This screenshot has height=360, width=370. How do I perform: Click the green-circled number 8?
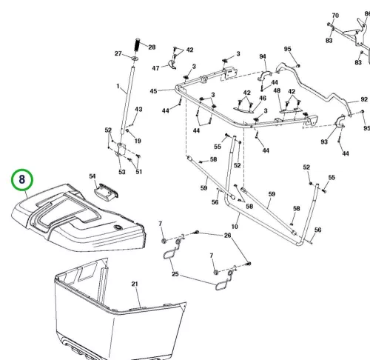[22, 179]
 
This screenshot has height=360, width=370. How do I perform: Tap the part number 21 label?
[135, 284]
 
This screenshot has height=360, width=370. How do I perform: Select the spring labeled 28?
[137, 44]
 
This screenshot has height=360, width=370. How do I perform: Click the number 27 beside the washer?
[118, 53]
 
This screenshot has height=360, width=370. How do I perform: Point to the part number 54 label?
[92, 176]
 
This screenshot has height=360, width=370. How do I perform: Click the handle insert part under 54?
[107, 190]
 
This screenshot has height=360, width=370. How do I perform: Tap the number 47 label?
[155, 68]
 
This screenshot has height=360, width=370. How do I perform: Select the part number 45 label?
[153, 91]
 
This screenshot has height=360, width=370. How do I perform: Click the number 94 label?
[263, 57]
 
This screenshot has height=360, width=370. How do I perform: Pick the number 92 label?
[364, 99]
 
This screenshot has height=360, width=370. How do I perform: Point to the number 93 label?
[324, 141]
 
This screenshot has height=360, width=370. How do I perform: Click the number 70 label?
[335, 16]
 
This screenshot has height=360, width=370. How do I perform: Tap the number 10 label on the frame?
[235, 227]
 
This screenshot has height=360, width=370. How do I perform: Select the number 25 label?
[175, 274]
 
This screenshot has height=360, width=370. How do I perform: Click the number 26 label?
[227, 236]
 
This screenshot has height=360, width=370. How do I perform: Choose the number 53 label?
[122, 172]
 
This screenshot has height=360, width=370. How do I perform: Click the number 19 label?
[138, 141]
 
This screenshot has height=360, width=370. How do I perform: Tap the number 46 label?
[263, 99]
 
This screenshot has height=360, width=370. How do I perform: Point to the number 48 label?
[277, 90]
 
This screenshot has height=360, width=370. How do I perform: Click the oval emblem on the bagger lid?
[118, 227]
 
